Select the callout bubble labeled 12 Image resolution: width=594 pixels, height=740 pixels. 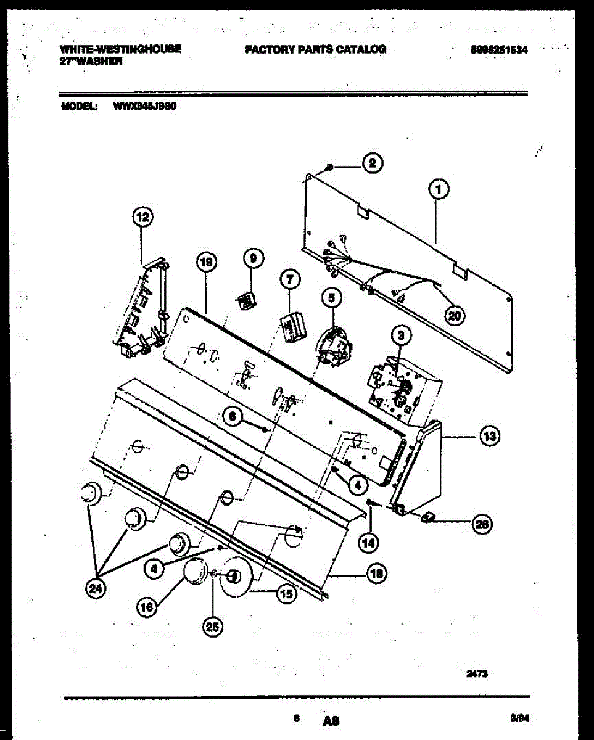(x=142, y=216)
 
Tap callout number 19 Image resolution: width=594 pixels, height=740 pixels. (x=206, y=263)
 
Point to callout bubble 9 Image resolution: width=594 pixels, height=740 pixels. (x=253, y=260)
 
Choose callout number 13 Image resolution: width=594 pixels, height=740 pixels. (x=489, y=437)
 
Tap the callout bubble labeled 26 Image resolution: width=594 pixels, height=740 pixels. (x=482, y=524)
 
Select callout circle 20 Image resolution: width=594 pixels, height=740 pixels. (x=455, y=315)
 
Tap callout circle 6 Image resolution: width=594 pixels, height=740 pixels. (x=232, y=416)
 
